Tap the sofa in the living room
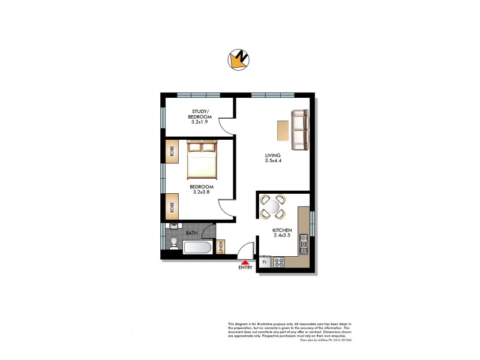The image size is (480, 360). pyautogui.click(x=299, y=130)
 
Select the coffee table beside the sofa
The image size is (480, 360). pyautogui.click(x=283, y=130)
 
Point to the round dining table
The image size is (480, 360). pyautogui.click(x=272, y=207)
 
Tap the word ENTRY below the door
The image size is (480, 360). pyautogui.click(x=245, y=268)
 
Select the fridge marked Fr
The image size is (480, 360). pyautogui.click(x=265, y=262)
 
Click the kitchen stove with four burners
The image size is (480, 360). pyautogui.click(x=279, y=262)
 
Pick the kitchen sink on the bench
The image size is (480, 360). pyautogui.click(x=304, y=244)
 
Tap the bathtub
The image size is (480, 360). pyautogui.click(x=196, y=248)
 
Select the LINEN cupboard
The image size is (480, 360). pyautogui.click(x=220, y=247)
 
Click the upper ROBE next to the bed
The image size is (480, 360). pyautogui.click(x=172, y=152)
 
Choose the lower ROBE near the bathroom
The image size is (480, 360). pyautogui.click(x=172, y=207)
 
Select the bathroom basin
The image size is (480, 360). pyautogui.click(x=173, y=227)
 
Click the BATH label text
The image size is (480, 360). pyautogui.click(x=191, y=232)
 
